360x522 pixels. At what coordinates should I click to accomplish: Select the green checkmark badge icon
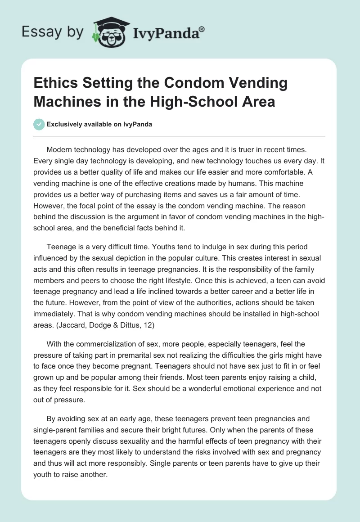(39, 124)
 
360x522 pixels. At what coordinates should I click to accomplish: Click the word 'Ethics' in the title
(54, 83)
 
